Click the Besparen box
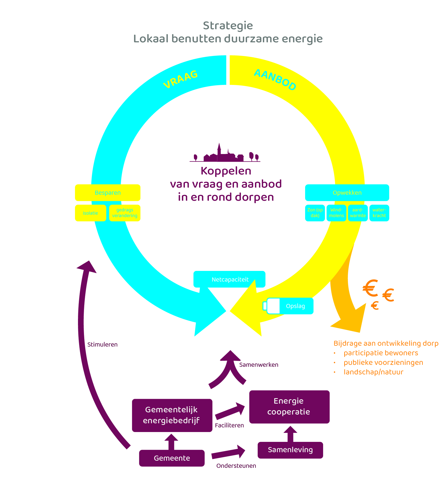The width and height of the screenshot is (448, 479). (x=108, y=193)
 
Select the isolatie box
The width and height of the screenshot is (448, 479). (x=91, y=213)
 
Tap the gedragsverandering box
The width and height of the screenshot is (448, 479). (x=125, y=213)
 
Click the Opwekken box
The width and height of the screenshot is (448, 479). (x=347, y=193)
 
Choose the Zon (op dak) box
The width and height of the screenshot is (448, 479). (x=315, y=213)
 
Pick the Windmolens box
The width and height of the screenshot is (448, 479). (x=336, y=213)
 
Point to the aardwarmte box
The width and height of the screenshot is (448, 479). (x=358, y=213)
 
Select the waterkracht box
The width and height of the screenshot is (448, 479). (x=379, y=213)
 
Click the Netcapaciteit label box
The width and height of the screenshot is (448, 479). (x=230, y=279)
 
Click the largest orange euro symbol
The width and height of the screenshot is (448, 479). (x=370, y=288)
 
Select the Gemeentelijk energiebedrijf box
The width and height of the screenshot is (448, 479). (x=172, y=415)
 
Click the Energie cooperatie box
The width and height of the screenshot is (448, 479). (x=289, y=407)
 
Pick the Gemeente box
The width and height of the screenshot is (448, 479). (x=172, y=458)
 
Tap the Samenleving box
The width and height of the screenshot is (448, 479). (x=290, y=450)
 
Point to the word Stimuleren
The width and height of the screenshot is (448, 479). (x=102, y=345)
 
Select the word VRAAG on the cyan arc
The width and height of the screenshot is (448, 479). (x=180, y=79)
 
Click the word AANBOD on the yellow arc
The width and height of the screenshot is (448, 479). (x=275, y=79)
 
